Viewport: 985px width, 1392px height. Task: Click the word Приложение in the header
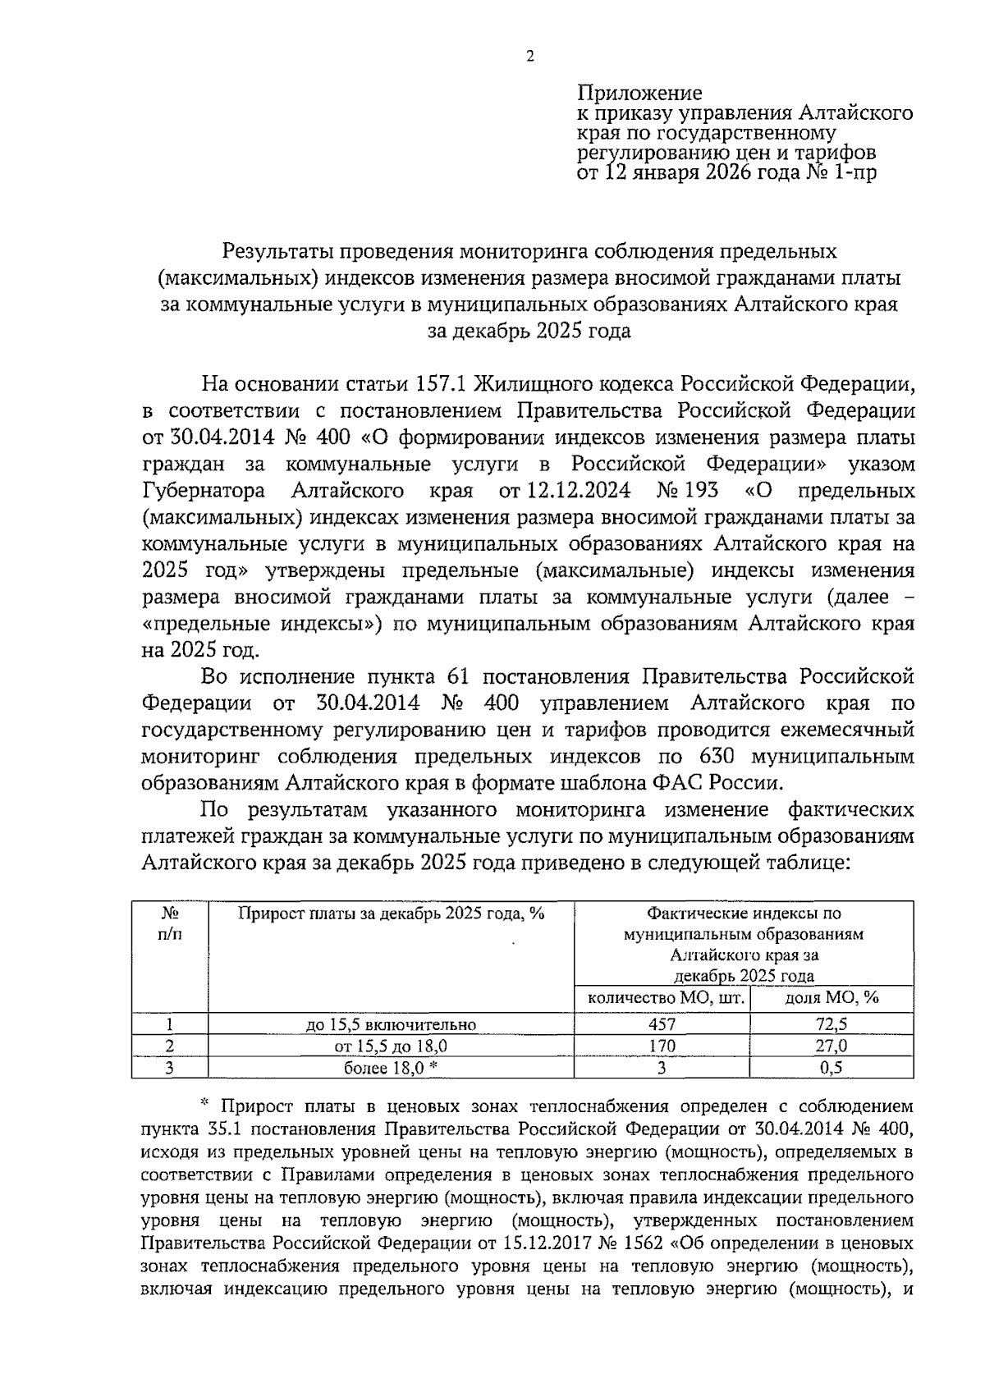tap(639, 93)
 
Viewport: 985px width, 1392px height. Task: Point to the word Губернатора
tap(204, 491)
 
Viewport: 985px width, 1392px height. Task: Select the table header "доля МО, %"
tap(832, 999)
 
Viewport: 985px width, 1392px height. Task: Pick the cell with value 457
tap(662, 1024)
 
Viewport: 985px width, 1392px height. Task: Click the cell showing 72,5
tap(832, 1024)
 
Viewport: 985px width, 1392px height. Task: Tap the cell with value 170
tap(662, 1046)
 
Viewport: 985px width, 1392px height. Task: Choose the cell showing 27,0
tap(832, 1046)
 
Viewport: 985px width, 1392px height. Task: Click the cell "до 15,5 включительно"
tap(391, 1024)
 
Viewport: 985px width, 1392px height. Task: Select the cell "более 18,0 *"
tap(391, 1067)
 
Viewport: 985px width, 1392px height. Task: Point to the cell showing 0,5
tap(832, 1067)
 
